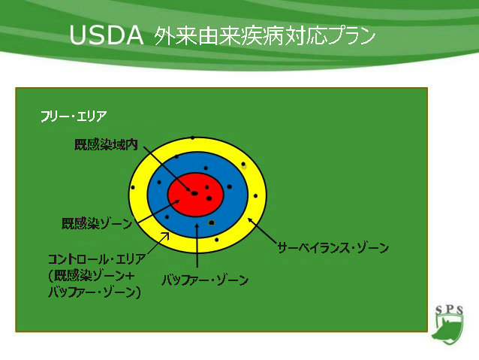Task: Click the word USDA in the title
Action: point(107,35)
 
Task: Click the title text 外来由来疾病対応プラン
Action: point(264,36)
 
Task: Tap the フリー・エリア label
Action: point(74,116)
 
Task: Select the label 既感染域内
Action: point(106,145)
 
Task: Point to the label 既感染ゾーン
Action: point(97,223)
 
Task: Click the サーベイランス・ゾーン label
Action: point(333,248)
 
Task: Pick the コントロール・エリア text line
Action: point(97,259)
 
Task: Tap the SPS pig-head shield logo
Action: point(448,325)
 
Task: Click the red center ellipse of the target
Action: point(196,195)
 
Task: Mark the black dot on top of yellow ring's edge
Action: point(192,138)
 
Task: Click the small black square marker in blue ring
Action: point(211,222)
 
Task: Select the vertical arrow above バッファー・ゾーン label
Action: point(197,246)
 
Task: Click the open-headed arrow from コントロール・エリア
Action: point(158,244)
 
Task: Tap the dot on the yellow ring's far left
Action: point(133,187)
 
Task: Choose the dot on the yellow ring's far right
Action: point(255,195)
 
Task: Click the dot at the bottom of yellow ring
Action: point(216,240)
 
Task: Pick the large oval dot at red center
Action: point(194,193)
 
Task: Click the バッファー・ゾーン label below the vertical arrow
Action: point(205,280)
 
